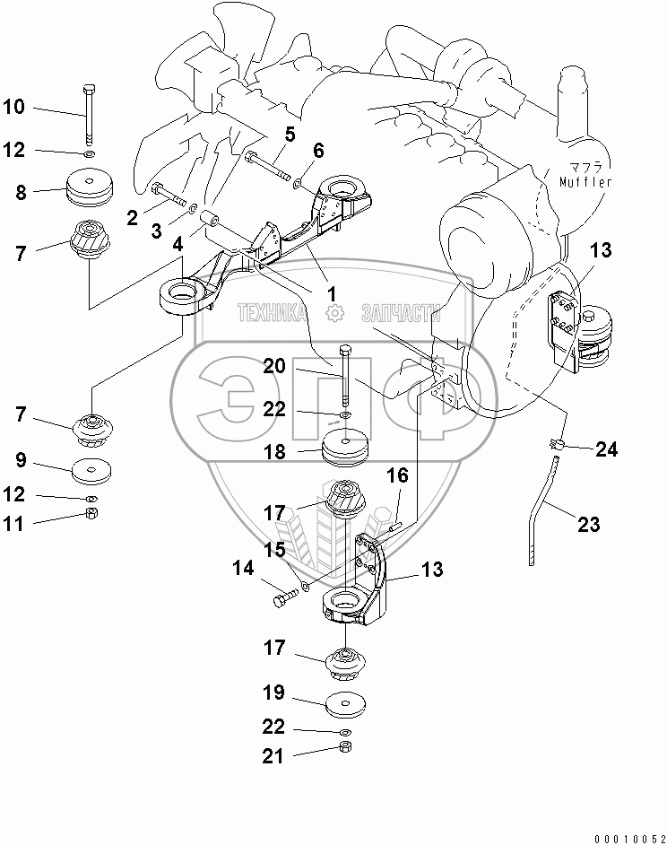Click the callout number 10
[14, 108]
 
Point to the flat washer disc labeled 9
[91, 468]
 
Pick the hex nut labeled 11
[91, 513]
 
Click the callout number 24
[607, 449]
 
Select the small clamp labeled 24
[555, 443]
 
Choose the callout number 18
[274, 452]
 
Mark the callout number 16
[398, 475]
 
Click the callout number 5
[289, 135]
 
